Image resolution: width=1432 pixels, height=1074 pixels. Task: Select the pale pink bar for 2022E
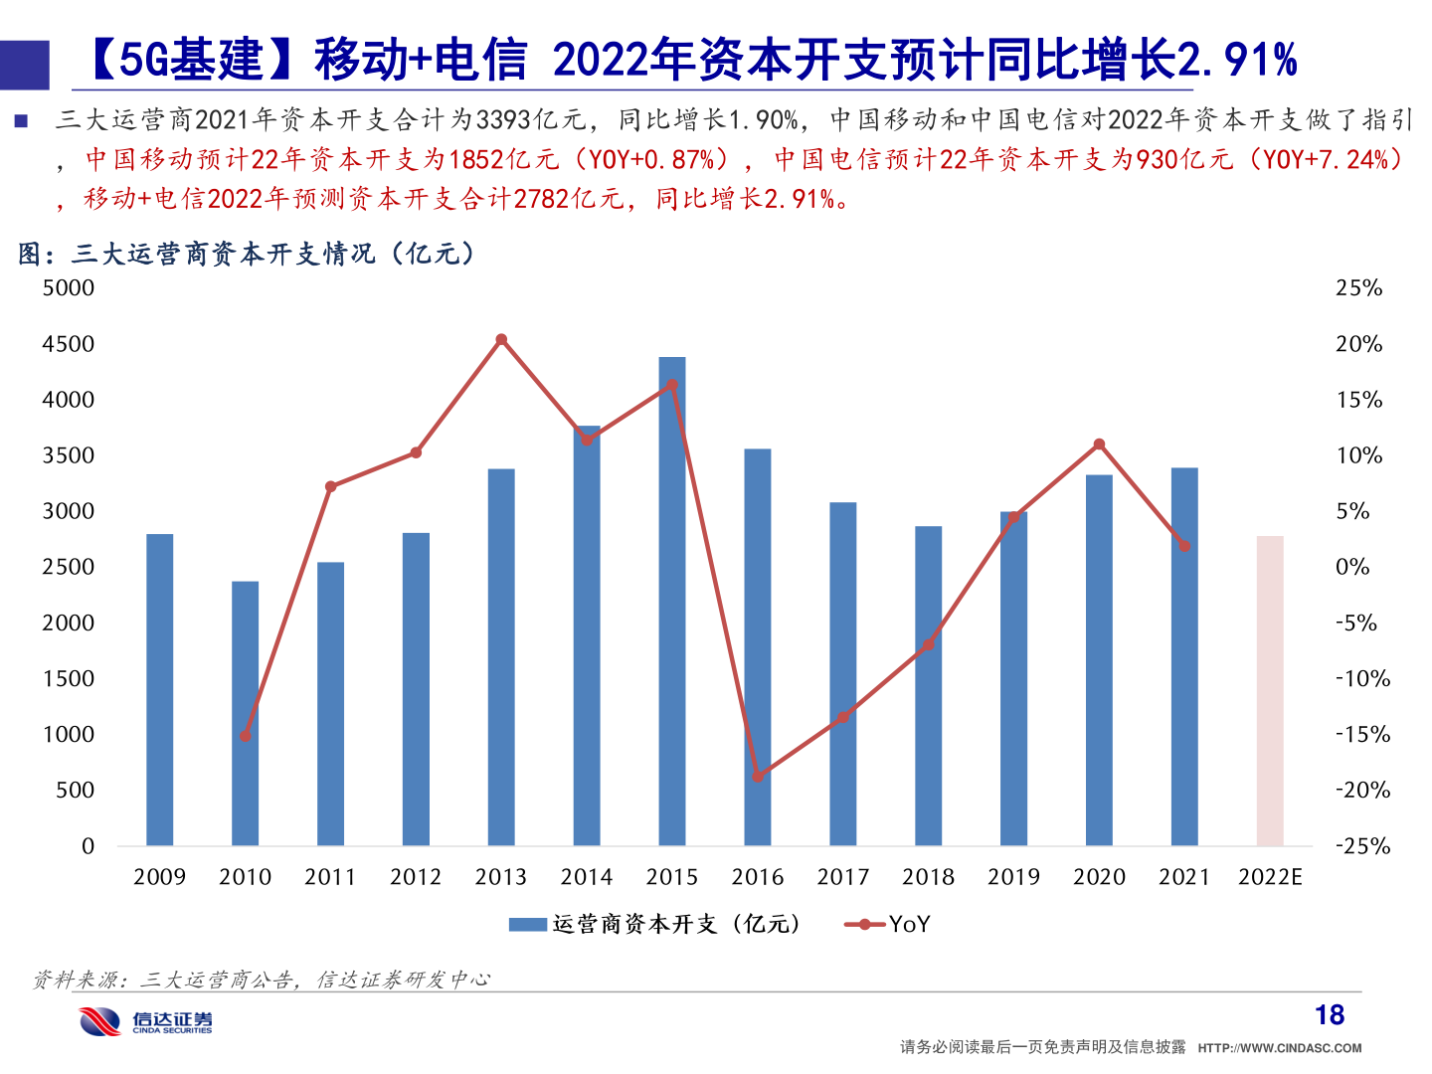[x=1270, y=691]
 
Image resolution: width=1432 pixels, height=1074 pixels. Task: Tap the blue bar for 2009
[x=160, y=690]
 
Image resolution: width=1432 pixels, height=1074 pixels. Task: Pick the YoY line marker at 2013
[x=501, y=340]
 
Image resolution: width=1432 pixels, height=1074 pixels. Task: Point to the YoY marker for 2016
[x=758, y=776]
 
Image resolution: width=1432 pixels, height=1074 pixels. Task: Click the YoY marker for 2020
[x=1099, y=445]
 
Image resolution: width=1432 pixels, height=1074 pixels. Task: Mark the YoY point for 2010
[x=246, y=736]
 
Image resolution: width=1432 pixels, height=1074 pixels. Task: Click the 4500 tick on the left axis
[x=69, y=344]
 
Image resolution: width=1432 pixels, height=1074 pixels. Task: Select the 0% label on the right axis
[x=1352, y=567]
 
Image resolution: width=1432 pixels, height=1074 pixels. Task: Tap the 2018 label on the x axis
[x=928, y=877]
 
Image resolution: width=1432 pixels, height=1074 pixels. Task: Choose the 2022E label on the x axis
[x=1270, y=877]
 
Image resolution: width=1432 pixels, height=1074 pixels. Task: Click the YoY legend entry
[x=888, y=925]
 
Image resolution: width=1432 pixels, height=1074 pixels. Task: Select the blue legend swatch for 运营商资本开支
[x=527, y=925]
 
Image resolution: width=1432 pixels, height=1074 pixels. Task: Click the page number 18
[x=1330, y=1015]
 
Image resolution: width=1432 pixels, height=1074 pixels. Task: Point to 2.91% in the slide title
[x=1237, y=60]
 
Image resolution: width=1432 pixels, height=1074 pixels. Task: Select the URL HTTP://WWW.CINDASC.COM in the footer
[x=1280, y=1048]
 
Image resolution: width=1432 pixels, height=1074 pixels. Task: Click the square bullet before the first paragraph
[x=21, y=121]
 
